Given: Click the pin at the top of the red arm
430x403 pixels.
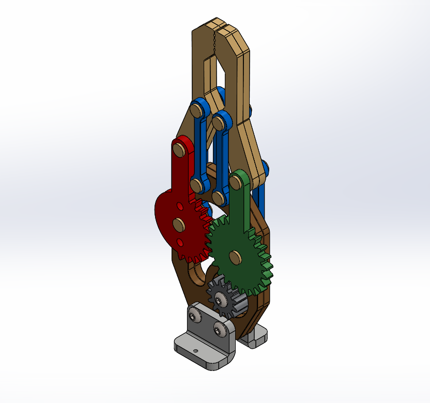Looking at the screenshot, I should pos(179,150).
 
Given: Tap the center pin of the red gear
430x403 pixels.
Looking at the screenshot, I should pos(179,223).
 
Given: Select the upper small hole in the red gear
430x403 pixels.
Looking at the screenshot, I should pos(179,206).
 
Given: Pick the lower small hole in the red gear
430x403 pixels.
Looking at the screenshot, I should pos(180,242).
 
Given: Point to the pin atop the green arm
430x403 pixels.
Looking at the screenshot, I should pos(236,182).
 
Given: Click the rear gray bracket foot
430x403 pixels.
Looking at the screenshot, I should pos(256,338).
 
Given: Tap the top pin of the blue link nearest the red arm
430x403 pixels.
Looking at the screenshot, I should pos(196,110).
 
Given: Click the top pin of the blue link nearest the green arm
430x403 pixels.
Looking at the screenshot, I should pos(219,123).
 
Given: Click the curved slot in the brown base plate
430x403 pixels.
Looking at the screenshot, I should pos(197,274).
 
